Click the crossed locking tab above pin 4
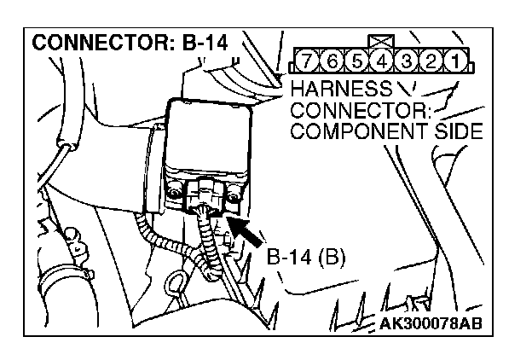pyautogui.click(x=382, y=40)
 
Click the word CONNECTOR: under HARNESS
pyautogui.click(x=350, y=110)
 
